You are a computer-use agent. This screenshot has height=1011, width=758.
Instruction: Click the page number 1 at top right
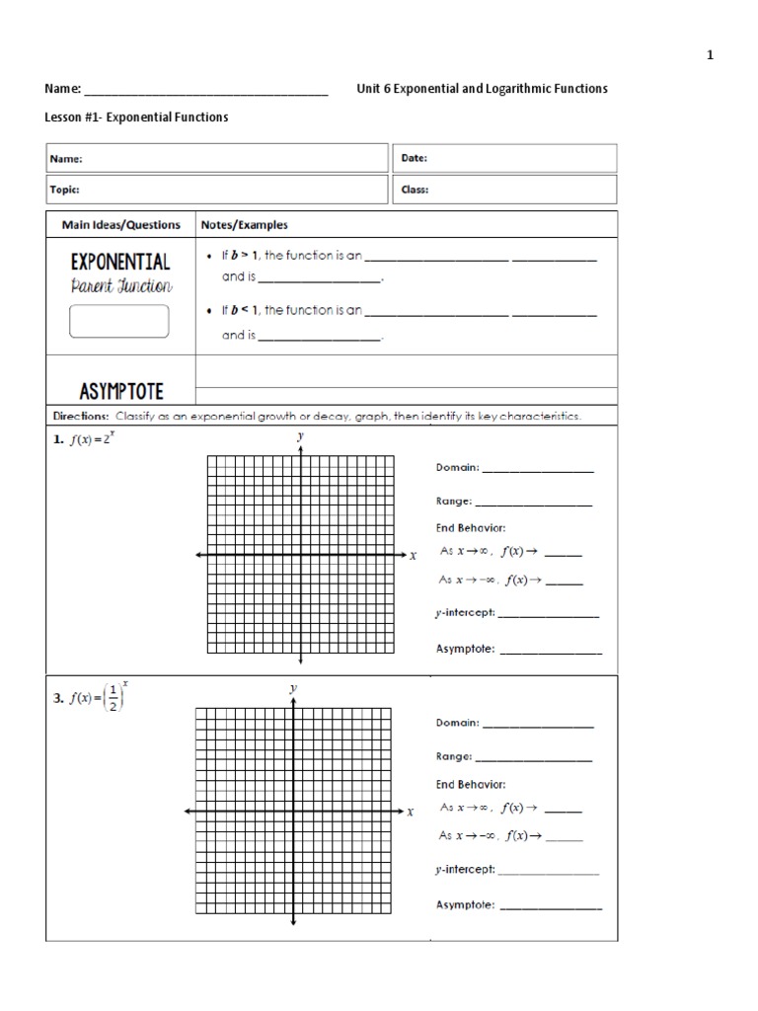(x=709, y=56)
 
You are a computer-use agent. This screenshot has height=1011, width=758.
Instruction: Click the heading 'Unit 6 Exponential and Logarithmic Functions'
(x=482, y=89)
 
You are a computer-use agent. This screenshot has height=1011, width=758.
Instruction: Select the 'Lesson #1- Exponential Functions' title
(x=136, y=117)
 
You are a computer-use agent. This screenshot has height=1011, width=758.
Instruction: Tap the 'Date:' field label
(x=415, y=158)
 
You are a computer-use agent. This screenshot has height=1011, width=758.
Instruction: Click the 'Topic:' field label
(x=65, y=190)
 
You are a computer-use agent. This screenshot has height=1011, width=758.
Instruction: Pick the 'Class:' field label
(x=416, y=190)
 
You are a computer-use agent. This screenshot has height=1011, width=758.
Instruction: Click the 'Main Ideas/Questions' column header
(x=121, y=225)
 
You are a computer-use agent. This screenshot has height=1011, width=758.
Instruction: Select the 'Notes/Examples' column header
(x=245, y=225)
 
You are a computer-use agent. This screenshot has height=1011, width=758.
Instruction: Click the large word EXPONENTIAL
(x=120, y=263)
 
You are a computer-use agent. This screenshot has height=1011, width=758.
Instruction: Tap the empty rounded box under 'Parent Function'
(x=119, y=322)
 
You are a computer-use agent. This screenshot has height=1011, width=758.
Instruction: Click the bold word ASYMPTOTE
(x=120, y=391)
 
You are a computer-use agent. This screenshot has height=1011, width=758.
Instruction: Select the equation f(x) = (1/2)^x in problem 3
(x=99, y=696)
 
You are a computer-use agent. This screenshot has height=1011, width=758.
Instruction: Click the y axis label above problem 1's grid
(x=300, y=435)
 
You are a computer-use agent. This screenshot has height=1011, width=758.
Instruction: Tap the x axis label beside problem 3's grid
(x=411, y=812)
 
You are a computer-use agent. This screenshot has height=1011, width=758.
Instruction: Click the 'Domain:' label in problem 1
(x=458, y=467)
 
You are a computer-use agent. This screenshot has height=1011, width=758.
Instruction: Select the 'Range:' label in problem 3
(x=454, y=757)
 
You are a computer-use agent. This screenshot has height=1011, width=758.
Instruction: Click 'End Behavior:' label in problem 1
(x=471, y=528)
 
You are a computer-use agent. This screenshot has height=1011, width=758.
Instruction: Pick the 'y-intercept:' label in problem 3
(x=466, y=870)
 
